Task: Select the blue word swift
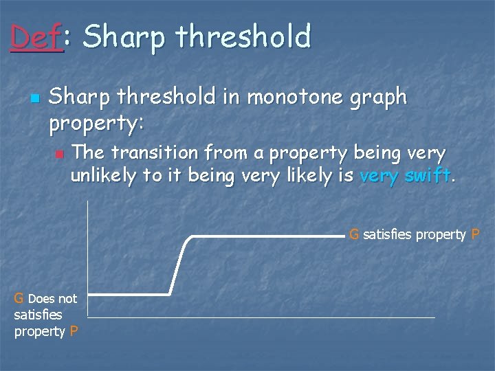click(428, 176)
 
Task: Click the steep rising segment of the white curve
click(180, 266)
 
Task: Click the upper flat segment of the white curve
click(268, 236)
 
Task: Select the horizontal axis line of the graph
click(261, 317)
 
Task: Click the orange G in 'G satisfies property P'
click(354, 234)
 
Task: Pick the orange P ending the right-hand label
click(475, 234)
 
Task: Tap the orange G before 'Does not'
click(19, 298)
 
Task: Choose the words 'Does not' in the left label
click(52, 298)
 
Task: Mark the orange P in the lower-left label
click(74, 331)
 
